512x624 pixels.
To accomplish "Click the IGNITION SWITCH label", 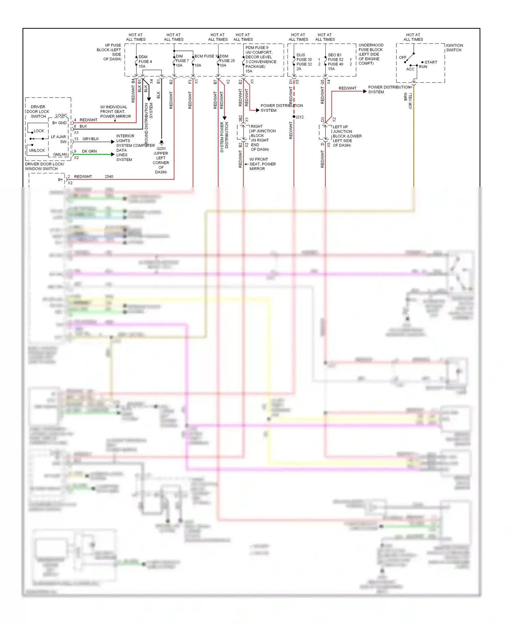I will [454, 48].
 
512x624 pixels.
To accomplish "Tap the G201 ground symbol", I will [161, 142].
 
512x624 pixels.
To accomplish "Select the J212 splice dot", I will [294, 117].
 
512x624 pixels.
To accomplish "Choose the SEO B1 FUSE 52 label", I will [335, 57].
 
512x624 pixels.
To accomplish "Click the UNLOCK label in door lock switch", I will [37, 151].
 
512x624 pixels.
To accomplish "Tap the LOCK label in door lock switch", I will [39, 131].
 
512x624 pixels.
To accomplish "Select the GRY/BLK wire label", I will [90, 139].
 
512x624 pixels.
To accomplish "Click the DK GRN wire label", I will [89, 151].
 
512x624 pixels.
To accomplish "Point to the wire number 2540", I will [109, 176].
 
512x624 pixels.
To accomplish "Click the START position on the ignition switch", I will [430, 62].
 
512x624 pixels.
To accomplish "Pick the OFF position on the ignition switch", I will [402, 57].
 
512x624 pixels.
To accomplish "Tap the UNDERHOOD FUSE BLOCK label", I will [371, 54].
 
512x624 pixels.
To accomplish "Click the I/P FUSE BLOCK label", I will [109, 52].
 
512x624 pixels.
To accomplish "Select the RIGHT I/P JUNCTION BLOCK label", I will [263, 138].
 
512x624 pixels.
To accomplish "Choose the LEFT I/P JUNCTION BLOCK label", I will [347, 136].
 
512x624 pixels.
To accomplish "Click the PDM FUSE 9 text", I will [257, 48].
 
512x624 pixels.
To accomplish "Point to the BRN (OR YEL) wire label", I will [408, 101].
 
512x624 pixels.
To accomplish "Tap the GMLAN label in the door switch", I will [60, 155].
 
